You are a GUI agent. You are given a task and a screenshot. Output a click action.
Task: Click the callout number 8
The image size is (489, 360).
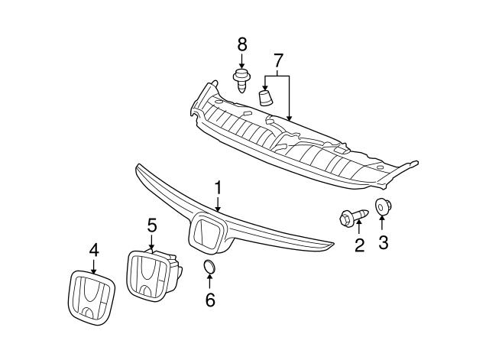[x=242, y=44]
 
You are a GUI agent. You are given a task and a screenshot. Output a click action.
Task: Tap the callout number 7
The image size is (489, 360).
[x=278, y=60]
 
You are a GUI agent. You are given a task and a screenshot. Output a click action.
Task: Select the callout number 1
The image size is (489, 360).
[x=219, y=187]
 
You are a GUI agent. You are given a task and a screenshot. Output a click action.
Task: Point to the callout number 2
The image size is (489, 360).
[x=359, y=245]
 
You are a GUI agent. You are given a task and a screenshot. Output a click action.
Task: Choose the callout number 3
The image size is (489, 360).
[x=384, y=242]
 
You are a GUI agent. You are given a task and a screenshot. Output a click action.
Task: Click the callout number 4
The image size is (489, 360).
[x=94, y=250]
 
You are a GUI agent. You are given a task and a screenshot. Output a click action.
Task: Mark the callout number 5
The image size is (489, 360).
[x=152, y=225]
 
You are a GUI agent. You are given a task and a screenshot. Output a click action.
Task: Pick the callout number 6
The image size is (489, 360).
[x=210, y=300]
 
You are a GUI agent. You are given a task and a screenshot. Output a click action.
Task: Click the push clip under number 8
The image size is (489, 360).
[x=241, y=81]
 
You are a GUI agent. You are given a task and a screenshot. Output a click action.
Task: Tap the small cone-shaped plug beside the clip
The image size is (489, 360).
[x=266, y=97]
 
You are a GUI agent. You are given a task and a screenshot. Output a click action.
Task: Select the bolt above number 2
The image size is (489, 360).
[x=354, y=216]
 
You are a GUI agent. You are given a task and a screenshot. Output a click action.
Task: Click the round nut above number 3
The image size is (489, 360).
[x=383, y=206]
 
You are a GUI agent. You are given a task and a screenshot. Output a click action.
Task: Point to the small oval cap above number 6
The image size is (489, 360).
[x=209, y=268]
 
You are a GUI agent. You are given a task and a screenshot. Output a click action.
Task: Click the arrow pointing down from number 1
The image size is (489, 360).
[x=218, y=204]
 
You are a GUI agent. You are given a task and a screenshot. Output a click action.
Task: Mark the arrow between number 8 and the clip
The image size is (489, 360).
[x=241, y=61]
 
